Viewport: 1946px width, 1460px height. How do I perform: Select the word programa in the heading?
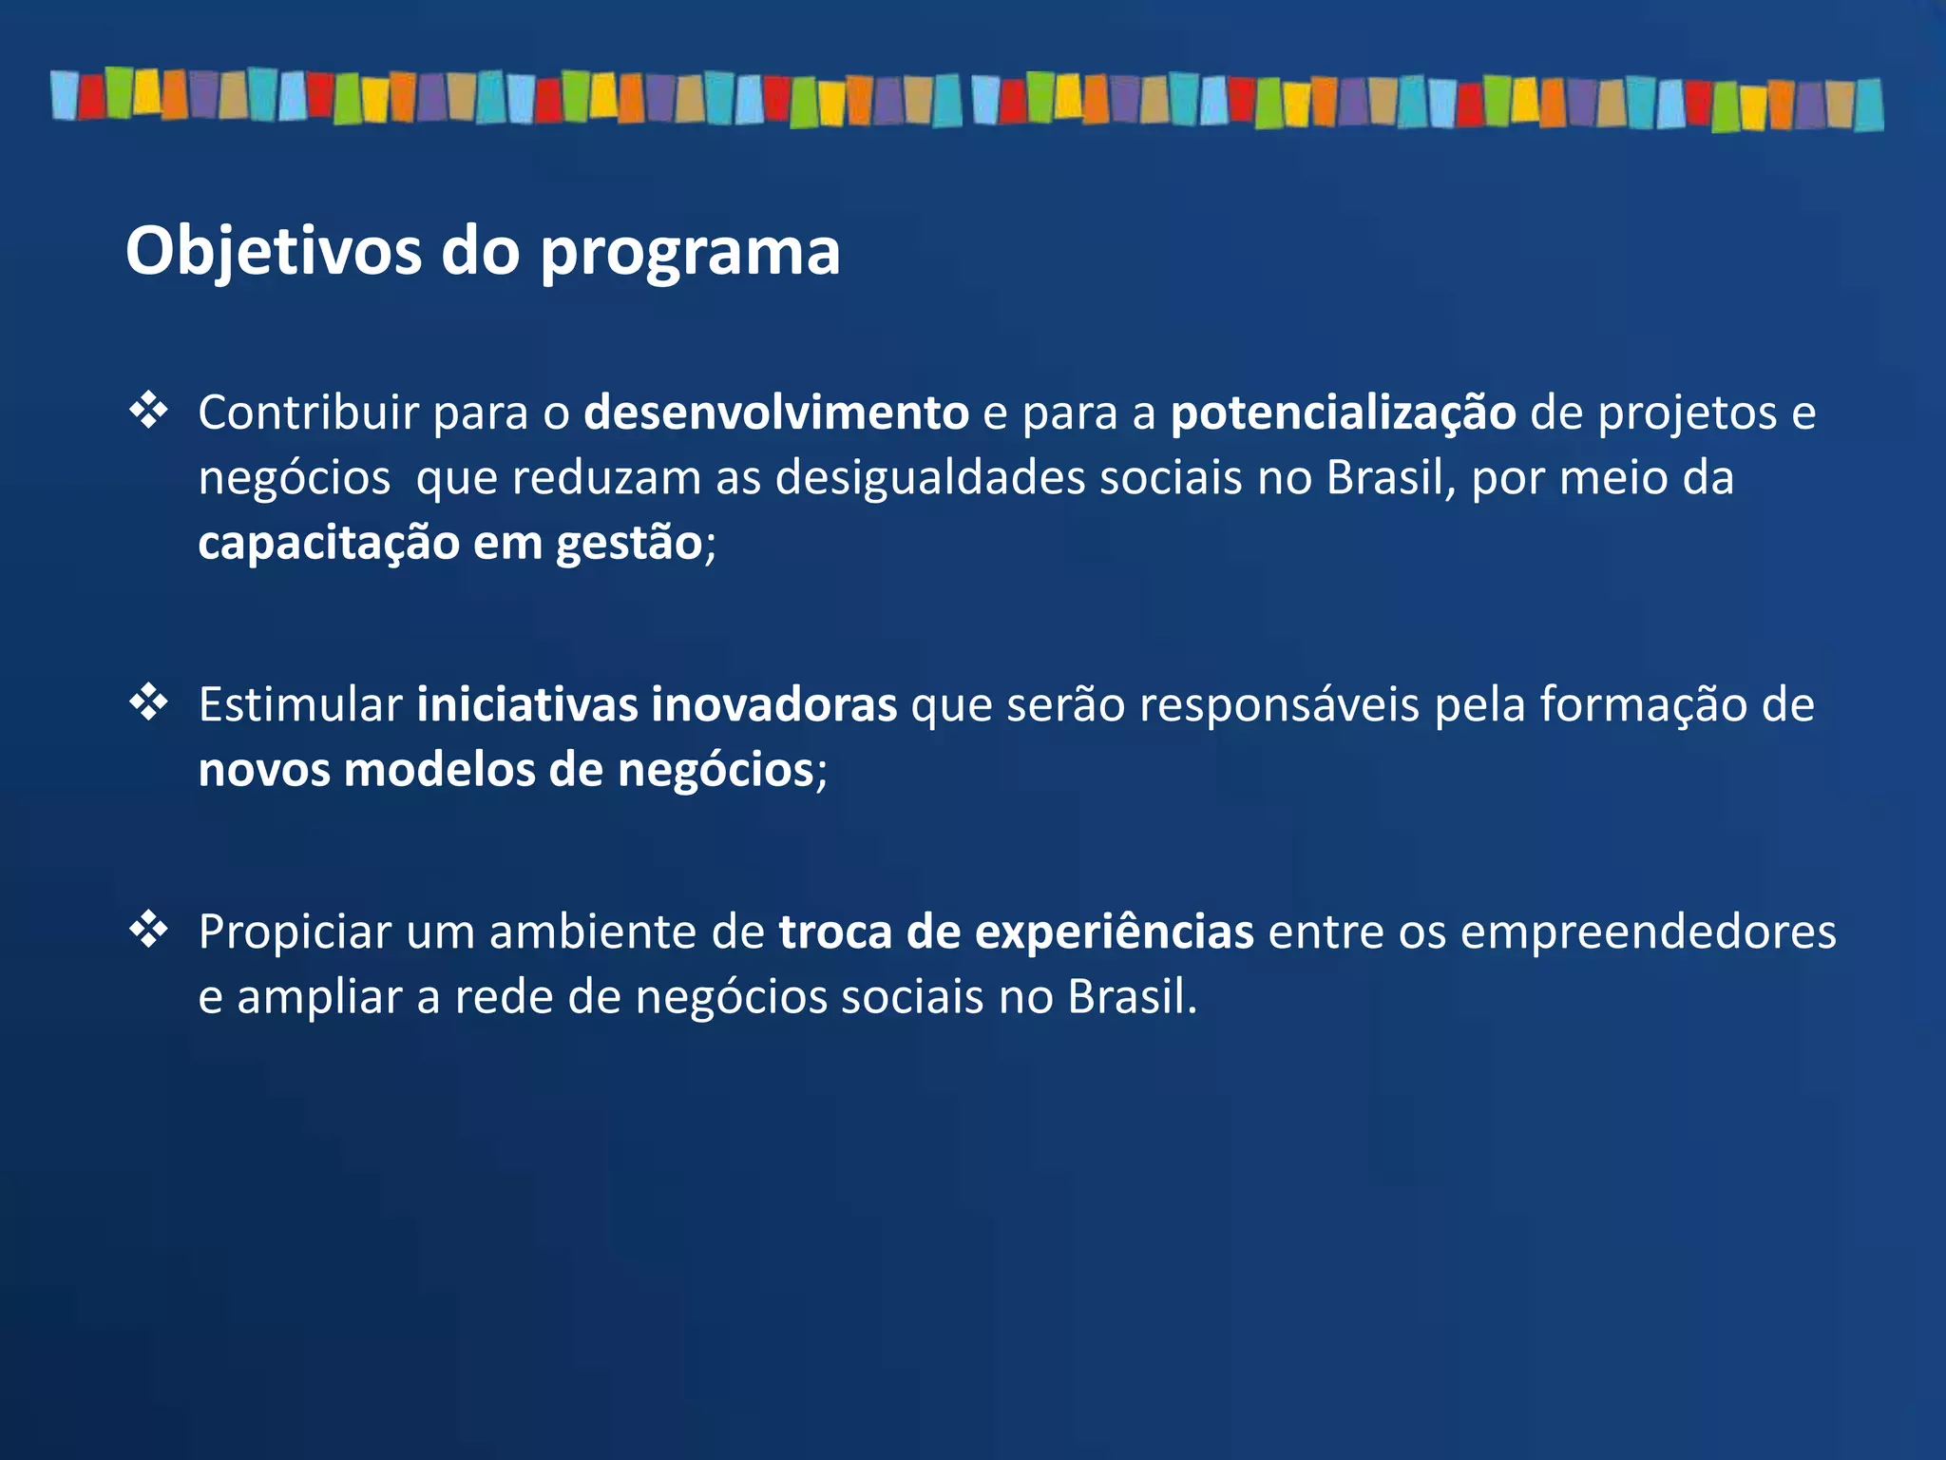[690, 254]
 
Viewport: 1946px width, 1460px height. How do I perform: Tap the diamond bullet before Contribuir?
[149, 412]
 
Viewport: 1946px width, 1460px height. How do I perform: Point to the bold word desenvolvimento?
[776, 413]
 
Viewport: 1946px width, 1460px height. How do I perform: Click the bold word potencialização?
[1344, 414]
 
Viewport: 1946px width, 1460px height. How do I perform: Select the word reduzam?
[606, 478]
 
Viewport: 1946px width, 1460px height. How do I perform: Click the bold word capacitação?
[329, 544]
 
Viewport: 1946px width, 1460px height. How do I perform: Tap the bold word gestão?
[629, 544]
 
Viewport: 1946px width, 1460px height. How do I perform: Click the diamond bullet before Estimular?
[149, 704]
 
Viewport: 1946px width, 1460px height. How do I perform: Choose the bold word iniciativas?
[526, 705]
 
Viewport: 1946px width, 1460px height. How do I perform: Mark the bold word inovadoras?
[774, 705]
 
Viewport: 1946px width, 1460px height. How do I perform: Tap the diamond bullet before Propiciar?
[149, 931]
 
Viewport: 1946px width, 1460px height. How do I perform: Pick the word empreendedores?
[1648, 932]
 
